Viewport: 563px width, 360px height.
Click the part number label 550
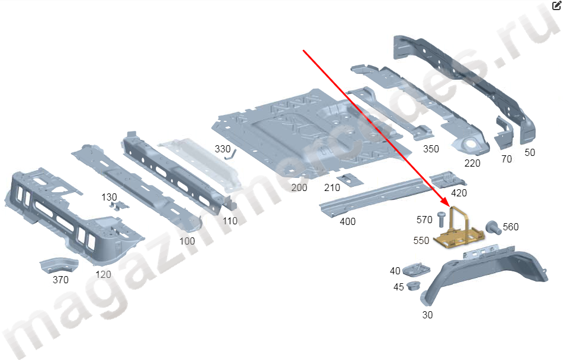point(421,240)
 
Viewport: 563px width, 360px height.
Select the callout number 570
point(424,220)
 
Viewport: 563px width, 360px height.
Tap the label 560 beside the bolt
point(511,227)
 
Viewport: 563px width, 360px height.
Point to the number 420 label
point(459,193)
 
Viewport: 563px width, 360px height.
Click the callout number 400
point(347,221)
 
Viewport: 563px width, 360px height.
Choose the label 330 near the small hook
point(222,149)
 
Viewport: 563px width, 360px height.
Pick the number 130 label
point(109,197)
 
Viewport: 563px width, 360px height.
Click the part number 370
point(61,280)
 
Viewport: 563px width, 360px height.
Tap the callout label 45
point(398,287)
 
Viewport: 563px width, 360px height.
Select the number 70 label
point(506,159)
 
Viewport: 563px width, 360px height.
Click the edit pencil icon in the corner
point(556,5)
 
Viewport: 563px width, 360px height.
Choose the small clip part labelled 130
point(120,205)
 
